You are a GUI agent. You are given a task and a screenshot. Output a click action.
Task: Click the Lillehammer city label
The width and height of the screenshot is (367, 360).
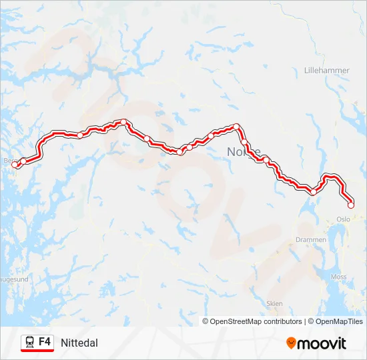322,70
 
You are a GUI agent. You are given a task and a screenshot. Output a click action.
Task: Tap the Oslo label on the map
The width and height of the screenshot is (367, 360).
344,219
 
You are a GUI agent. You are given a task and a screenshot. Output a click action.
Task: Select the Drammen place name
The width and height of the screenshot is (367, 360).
310,239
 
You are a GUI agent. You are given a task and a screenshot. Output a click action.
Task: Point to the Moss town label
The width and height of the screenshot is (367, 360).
339,276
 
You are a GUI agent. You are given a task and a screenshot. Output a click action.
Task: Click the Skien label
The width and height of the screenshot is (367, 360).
274,303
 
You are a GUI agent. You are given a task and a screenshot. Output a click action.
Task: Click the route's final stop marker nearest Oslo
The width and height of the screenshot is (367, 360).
351,205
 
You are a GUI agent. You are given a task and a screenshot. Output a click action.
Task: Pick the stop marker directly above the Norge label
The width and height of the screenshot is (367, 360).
236,126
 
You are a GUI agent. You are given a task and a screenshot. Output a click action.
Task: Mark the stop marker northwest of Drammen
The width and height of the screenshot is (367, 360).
314,192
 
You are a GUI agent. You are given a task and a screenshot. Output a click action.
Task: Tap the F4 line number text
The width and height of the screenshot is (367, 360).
45,342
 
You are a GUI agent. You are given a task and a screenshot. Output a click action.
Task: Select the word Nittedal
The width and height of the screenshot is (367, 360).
79,343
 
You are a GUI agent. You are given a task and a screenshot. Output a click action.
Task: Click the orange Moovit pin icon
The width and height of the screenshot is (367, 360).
291,343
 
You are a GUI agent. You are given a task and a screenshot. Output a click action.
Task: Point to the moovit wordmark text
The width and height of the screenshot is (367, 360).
322,343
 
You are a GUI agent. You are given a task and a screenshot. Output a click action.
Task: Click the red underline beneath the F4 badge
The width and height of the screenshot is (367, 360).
37,351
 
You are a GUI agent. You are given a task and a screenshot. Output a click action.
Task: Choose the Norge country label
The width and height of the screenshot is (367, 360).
244,151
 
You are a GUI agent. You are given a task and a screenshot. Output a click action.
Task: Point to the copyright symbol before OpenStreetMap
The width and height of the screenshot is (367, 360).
206,321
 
